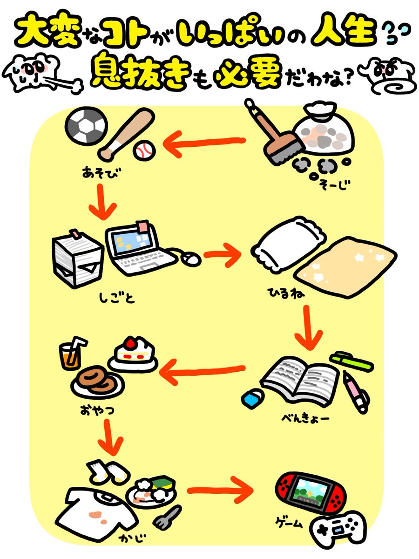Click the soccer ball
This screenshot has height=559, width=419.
87,127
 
